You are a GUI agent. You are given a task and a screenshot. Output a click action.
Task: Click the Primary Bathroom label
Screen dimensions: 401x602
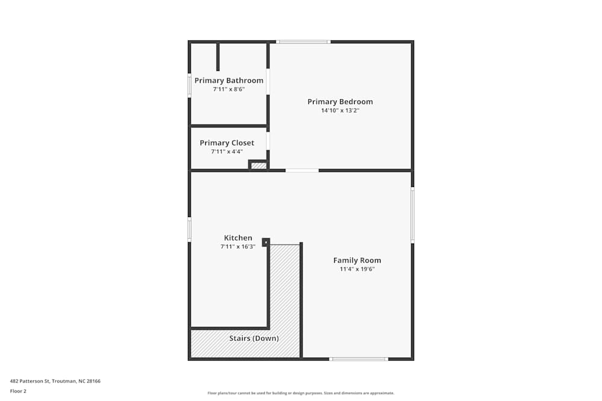[229, 81]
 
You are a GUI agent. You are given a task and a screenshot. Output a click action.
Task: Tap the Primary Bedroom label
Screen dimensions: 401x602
[340, 102]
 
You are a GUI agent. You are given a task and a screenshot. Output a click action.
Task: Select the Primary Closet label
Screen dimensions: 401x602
[227, 143]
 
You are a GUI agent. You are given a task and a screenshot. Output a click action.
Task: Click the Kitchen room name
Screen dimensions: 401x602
[238, 238]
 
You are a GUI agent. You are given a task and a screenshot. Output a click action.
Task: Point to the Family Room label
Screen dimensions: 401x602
[357, 260]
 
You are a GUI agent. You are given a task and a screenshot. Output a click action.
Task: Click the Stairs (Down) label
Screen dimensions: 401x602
[254, 338]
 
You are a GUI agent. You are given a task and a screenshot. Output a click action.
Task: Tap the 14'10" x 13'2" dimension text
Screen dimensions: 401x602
[340, 111]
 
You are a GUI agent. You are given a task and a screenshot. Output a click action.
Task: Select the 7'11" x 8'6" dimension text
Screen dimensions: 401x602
[229, 89]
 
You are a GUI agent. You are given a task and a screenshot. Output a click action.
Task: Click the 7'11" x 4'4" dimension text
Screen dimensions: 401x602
[227, 152]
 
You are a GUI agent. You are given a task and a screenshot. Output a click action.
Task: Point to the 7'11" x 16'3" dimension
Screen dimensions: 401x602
[238, 246]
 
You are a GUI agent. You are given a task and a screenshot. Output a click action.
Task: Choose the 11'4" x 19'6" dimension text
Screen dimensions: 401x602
[357, 269]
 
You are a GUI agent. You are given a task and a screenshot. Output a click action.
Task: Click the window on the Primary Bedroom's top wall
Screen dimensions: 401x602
[303, 41]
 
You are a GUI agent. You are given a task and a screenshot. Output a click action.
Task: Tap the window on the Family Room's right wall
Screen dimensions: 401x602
[412, 215]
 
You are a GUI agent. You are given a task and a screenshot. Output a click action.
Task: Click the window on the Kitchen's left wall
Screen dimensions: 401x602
[189, 230]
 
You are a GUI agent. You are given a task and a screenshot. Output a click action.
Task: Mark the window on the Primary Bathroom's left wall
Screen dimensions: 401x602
[189, 85]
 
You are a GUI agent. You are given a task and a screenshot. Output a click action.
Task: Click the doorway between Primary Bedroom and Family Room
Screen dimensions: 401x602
[302, 170]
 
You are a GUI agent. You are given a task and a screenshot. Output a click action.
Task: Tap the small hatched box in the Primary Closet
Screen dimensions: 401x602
[259, 165]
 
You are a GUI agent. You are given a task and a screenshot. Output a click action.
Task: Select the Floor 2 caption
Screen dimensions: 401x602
[18, 391]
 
